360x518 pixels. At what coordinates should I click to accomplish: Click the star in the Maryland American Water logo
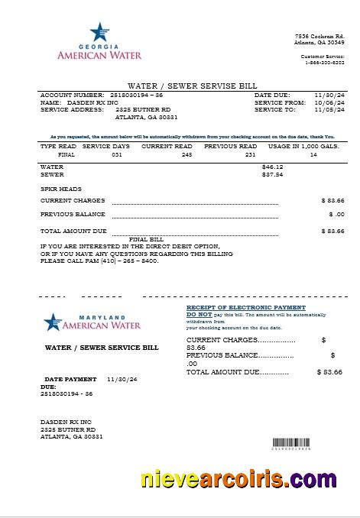click(52, 322)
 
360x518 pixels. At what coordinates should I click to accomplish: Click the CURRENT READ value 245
click(186, 154)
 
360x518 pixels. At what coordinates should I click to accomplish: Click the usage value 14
click(313, 154)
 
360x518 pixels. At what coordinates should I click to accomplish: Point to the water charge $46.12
click(272, 167)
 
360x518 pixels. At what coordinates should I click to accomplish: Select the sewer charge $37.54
click(272, 174)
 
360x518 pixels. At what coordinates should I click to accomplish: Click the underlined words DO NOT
click(199, 314)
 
